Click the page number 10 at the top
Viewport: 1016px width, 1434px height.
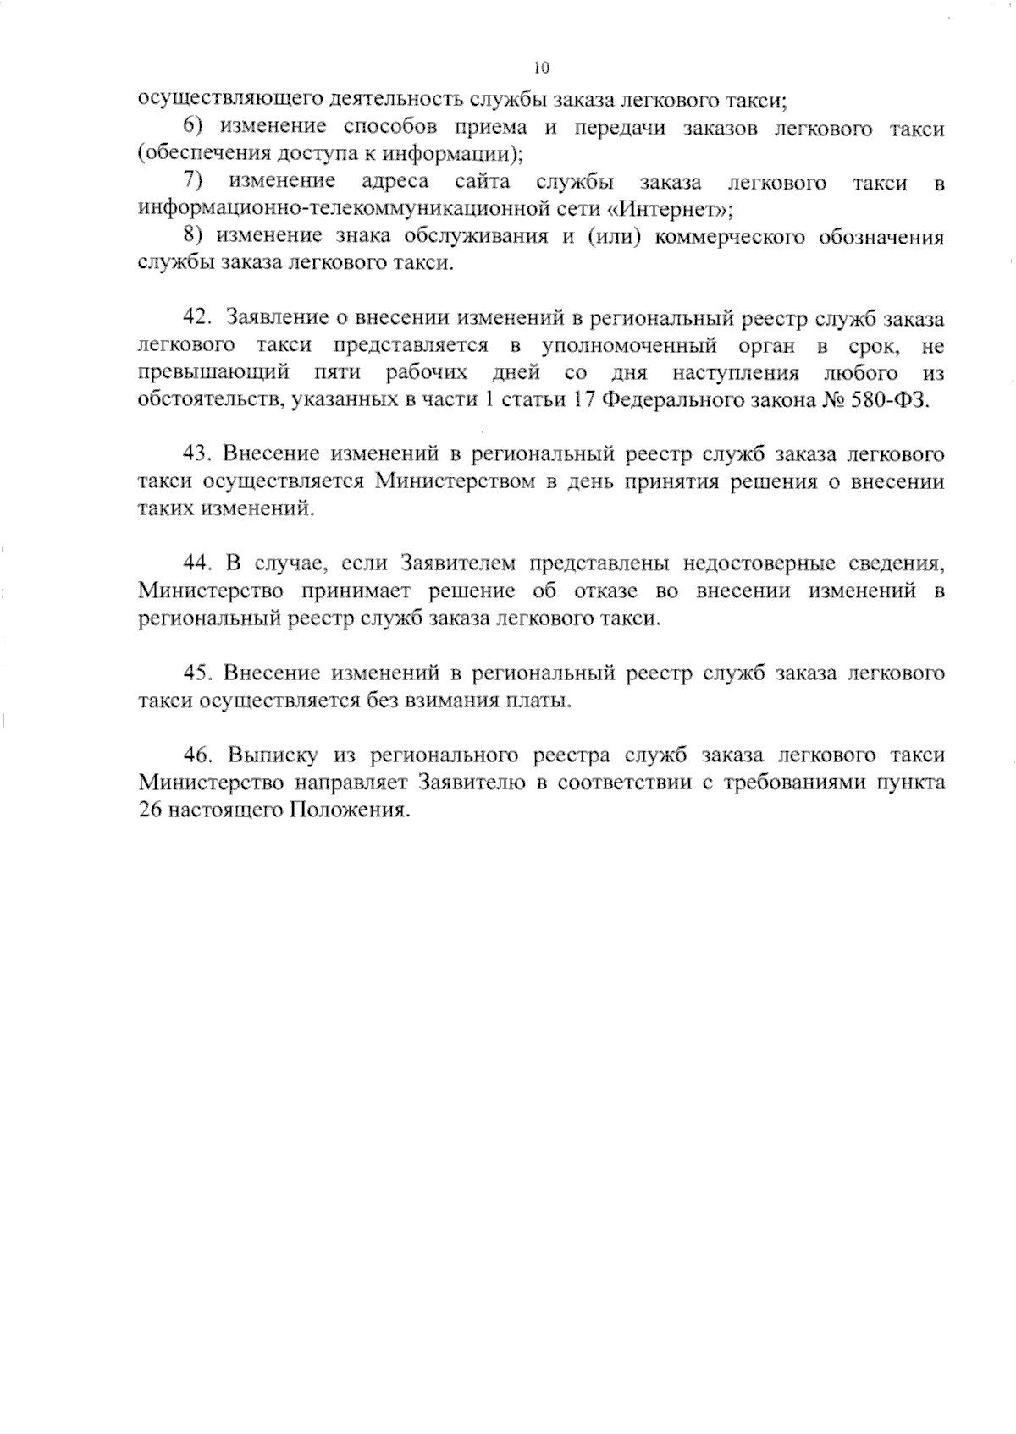click(543, 69)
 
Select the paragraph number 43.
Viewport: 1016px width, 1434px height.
click(196, 454)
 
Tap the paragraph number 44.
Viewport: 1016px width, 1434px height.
click(196, 563)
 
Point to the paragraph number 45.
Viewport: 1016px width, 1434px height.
click(196, 673)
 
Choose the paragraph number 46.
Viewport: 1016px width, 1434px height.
click(196, 755)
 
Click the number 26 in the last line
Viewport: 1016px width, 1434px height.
click(150, 810)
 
